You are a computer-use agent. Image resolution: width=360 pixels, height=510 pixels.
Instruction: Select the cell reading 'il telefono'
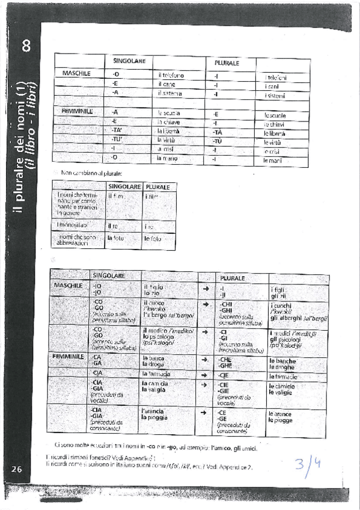click(x=171, y=75)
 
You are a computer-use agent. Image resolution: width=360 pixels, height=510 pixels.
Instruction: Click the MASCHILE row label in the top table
click(x=76, y=73)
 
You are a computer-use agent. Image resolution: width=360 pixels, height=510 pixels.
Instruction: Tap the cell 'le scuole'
click(x=275, y=115)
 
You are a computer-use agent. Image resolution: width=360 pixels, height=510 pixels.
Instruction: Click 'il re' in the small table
click(x=112, y=226)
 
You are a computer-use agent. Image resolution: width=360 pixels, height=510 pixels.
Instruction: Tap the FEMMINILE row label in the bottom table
click(x=68, y=357)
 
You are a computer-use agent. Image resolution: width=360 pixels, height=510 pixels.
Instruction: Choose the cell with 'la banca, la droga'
click(x=154, y=361)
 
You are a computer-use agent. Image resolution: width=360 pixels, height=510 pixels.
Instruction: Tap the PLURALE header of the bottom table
click(x=233, y=278)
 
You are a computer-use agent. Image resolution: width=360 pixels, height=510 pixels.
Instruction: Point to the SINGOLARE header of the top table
click(x=127, y=61)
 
